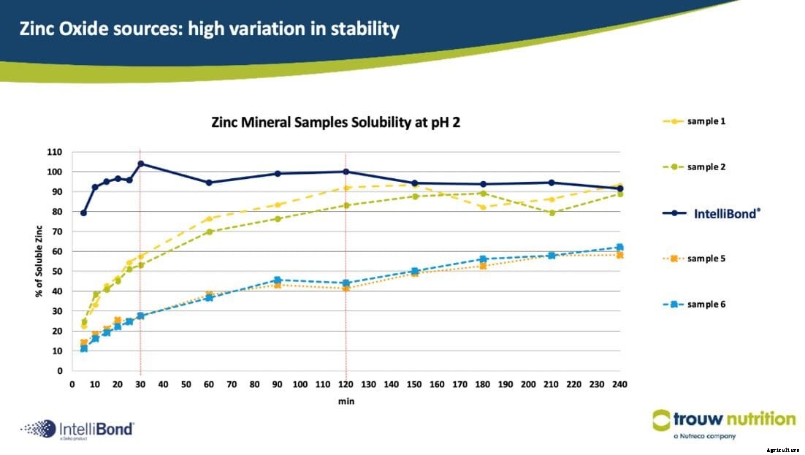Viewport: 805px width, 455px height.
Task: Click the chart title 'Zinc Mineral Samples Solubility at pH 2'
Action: pos(335,123)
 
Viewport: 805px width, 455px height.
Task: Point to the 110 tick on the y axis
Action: pos(55,152)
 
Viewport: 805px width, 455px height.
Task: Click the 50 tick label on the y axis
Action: pos(57,272)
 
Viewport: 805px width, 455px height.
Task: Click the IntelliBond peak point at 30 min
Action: pos(140,164)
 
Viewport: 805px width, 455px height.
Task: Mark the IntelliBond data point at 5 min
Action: pos(84,213)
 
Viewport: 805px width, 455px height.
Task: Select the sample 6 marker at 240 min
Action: pos(619,248)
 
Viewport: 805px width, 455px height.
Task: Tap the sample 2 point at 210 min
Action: pos(552,213)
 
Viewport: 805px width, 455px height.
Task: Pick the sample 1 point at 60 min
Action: pos(209,219)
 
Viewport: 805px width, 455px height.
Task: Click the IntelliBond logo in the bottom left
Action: pos(77,429)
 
